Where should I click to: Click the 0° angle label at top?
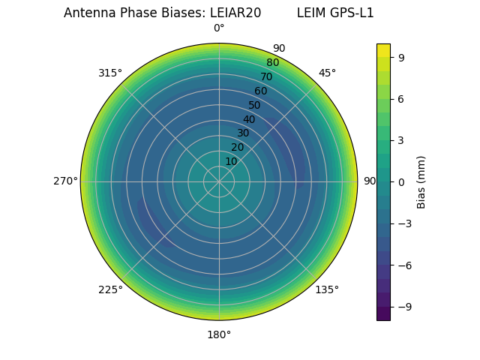click(219, 28)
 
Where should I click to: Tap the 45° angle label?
click(327, 73)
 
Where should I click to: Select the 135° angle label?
click(327, 289)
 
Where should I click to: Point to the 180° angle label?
click(219, 334)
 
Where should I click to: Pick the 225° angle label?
click(110, 289)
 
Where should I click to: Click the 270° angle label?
click(65, 181)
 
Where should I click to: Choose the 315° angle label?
click(110, 73)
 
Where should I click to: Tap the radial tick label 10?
click(231, 161)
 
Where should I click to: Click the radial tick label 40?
click(249, 119)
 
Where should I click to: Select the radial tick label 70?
click(266, 76)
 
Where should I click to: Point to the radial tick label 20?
click(237, 147)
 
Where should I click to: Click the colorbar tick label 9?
click(402, 56)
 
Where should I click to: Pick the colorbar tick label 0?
click(402, 181)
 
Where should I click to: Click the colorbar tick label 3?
click(402, 140)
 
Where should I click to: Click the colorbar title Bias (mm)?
click(421, 181)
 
